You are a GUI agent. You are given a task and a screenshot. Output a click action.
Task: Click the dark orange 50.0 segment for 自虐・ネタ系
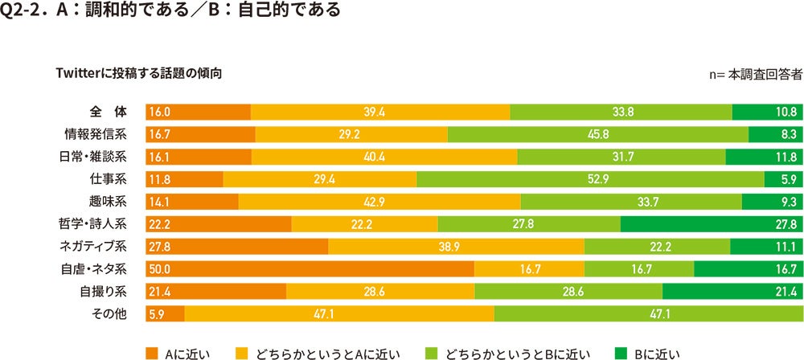tap(310, 268)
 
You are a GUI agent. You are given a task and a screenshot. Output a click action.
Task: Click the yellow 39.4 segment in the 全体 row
tap(379, 112)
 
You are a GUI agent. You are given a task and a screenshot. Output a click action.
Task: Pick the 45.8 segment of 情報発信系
tap(597, 134)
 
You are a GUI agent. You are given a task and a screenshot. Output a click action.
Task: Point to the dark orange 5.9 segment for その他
tap(165, 313)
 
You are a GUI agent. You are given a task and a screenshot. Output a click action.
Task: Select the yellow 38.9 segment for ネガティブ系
tap(456, 246)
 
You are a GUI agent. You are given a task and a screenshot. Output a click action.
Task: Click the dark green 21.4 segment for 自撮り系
tap(732, 291)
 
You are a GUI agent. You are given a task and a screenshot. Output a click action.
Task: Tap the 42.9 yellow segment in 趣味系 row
tap(379, 201)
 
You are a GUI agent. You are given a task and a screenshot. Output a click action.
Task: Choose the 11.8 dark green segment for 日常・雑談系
tap(764, 156)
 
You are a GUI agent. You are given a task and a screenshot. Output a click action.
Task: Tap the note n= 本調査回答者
tap(757, 74)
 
